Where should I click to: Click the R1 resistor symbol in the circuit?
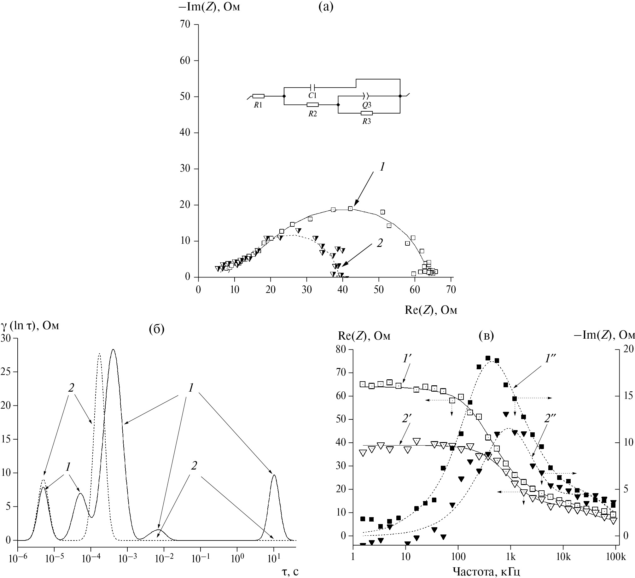click(x=258, y=96)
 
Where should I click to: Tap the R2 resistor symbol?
click(x=312, y=105)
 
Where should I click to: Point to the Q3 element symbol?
click(x=366, y=95)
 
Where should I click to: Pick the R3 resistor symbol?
click(x=366, y=113)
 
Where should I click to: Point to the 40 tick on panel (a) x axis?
click(x=343, y=290)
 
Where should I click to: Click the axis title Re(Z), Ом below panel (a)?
click(x=431, y=311)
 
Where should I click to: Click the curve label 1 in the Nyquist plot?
click(x=382, y=167)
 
